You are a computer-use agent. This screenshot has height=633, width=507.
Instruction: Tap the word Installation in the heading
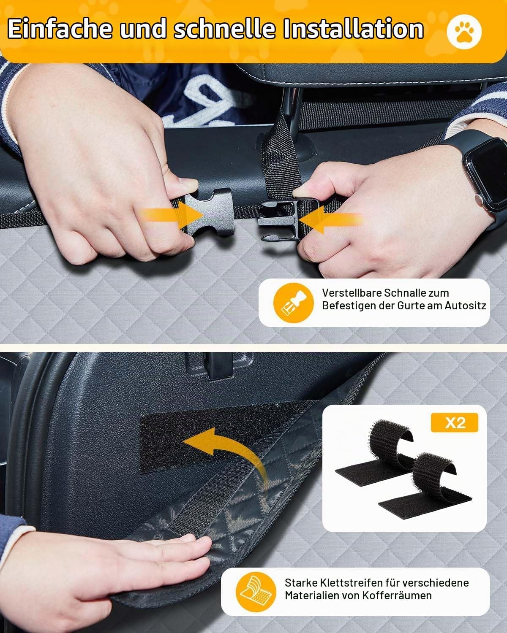pyautogui.click(x=353, y=29)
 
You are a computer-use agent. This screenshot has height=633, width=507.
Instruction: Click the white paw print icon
pyautogui.click(x=464, y=32)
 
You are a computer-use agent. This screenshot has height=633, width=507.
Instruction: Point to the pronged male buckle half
pyautogui.click(x=279, y=219)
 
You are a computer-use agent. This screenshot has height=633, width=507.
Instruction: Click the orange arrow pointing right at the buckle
pyautogui.click(x=172, y=215)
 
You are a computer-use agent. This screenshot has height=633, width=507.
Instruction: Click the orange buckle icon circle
pyautogui.click(x=293, y=303)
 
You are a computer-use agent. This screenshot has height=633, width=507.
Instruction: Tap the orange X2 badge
pyautogui.click(x=455, y=423)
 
